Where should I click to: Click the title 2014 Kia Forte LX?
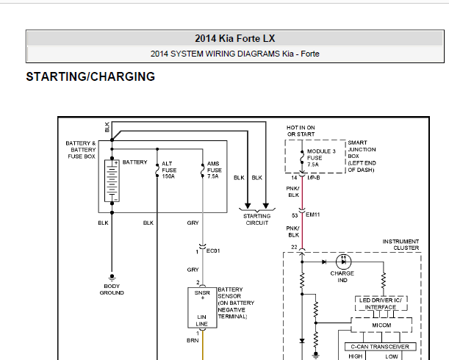click(x=235, y=39)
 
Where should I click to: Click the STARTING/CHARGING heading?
click(x=90, y=76)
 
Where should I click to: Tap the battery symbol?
click(x=112, y=181)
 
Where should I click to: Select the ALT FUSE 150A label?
click(x=169, y=170)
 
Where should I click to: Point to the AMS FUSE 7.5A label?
click(x=214, y=170)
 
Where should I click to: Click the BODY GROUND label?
click(x=112, y=289)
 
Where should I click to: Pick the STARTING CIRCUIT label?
click(x=257, y=220)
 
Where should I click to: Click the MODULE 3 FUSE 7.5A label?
click(x=321, y=158)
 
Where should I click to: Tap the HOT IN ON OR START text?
click(x=301, y=131)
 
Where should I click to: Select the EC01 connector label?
click(x=213, y=251)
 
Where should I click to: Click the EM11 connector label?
click(x=313, y=215)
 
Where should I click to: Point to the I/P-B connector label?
click(x=314, y=178)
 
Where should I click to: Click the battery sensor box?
click(x=202, y=308)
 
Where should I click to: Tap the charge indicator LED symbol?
click(x=343, y=262)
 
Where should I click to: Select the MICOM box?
click(x=381, y=325)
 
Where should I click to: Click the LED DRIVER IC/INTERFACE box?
click(x=381, y=303)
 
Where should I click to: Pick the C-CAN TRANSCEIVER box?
click(x=380, y=347)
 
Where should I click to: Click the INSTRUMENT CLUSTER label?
click(x=400, y=245)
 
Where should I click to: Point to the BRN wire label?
click(x=193, y=340)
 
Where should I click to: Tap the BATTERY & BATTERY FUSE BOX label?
click(x=81, y=149)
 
